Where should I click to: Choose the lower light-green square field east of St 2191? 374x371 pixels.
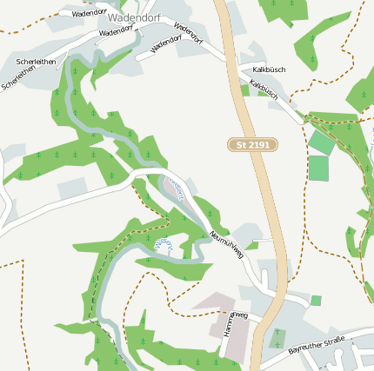[x=318, y=168]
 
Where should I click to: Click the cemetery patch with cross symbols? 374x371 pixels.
[x=277, y=338]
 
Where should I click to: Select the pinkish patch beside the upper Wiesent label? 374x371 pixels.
[x=170, y=188]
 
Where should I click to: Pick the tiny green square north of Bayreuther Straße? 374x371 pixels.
[x=316, y=301]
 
